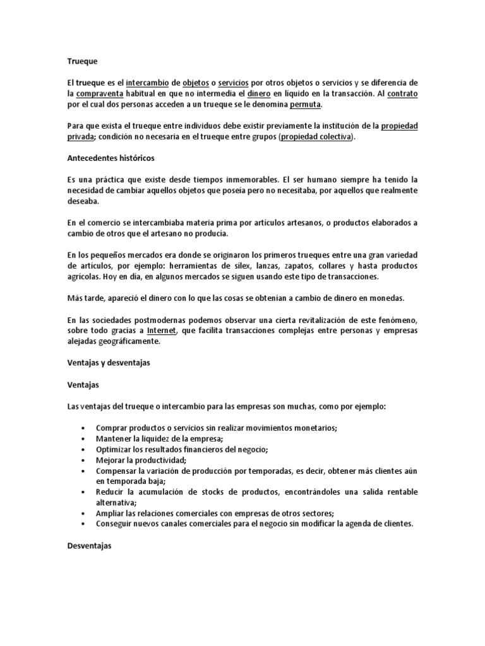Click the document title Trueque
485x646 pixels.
[83, 62]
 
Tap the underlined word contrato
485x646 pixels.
[402, 93]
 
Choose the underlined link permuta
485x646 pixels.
[305, 104]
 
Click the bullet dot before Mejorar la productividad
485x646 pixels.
[84, 461]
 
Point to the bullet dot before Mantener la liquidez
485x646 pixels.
[84, 438]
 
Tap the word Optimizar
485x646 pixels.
[113, 450]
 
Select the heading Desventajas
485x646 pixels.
[89, 547]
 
